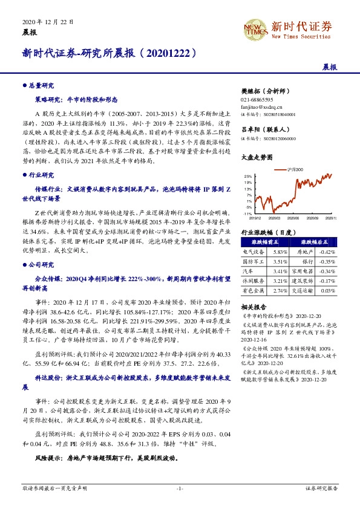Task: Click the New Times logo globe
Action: click(x=254, y=28)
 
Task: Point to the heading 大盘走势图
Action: click(x=256, y=156)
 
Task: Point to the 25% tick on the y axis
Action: click(x=248, y=176)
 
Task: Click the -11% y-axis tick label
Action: click(x=247, y=213)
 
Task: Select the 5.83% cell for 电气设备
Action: click(x=280, y=251)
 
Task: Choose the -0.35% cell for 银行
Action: click(x=327, y=262)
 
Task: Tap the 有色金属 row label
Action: click(x=254, y=291)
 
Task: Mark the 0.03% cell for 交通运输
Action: click(x=327, y=291)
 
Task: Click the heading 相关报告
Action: click(x=254, y=307)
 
